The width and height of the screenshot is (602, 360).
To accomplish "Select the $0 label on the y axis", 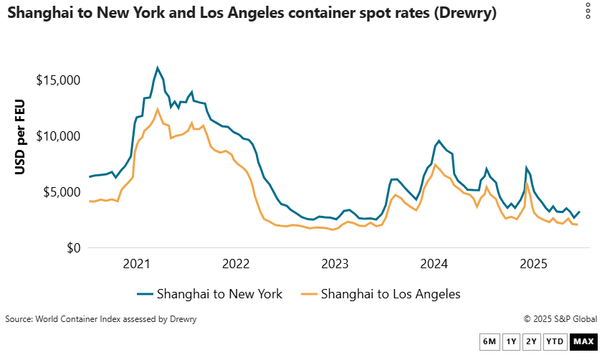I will (72, 248).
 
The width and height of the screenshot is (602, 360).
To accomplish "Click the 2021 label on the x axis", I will (137, 264).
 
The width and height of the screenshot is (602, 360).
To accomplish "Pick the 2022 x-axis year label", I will (236, 264).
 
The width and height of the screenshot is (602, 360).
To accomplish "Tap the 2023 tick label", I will (335, 264).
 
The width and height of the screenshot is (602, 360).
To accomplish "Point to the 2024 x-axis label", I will (434, 264).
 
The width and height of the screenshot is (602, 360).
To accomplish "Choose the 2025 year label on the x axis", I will (533, 264).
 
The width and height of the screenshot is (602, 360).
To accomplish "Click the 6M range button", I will (489, 341).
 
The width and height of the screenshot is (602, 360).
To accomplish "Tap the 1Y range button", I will (511, 341).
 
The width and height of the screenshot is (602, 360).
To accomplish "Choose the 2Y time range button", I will (531, 341).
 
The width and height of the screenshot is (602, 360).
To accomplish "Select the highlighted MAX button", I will (583, 341).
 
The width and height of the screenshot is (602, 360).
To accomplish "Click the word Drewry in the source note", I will (182, 318).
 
